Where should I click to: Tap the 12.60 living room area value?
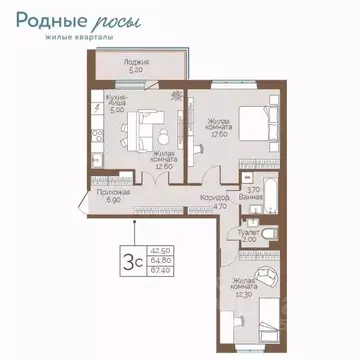(x=163, y=166)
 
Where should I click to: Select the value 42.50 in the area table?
(x=158, y=250)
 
